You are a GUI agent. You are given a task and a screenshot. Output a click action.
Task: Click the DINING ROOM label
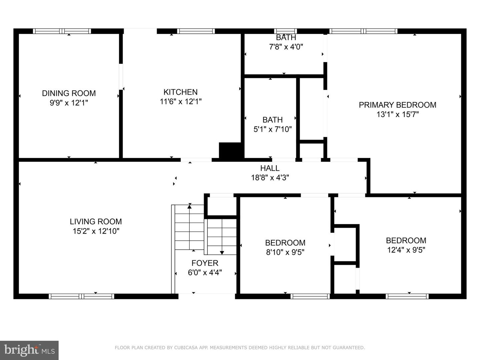69,93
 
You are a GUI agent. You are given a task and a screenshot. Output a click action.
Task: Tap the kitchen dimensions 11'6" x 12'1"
181,102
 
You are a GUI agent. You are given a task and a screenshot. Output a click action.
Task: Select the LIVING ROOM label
96,222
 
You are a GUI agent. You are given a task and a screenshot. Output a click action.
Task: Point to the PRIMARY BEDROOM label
397,105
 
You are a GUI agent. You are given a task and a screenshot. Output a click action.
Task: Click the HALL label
270,168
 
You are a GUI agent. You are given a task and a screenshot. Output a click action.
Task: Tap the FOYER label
205,263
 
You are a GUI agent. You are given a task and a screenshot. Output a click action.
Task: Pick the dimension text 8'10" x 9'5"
285,252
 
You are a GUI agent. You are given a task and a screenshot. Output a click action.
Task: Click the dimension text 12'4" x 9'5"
406,250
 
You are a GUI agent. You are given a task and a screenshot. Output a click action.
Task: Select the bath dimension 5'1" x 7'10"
272,129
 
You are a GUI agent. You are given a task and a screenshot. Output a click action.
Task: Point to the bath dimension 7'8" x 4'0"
286,47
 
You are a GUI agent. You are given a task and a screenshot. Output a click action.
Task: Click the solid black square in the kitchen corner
230,150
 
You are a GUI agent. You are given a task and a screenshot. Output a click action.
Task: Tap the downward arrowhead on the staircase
222,253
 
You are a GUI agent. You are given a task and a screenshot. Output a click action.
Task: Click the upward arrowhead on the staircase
190,206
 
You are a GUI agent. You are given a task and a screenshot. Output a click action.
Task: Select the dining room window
62,31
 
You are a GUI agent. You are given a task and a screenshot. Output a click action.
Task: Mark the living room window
81,296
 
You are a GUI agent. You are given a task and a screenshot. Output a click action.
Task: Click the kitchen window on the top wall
196,31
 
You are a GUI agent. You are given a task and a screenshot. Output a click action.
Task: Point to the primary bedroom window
363,31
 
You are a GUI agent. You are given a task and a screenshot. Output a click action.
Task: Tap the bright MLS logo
29,350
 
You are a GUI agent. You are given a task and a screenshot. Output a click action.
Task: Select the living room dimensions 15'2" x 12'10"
96,231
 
